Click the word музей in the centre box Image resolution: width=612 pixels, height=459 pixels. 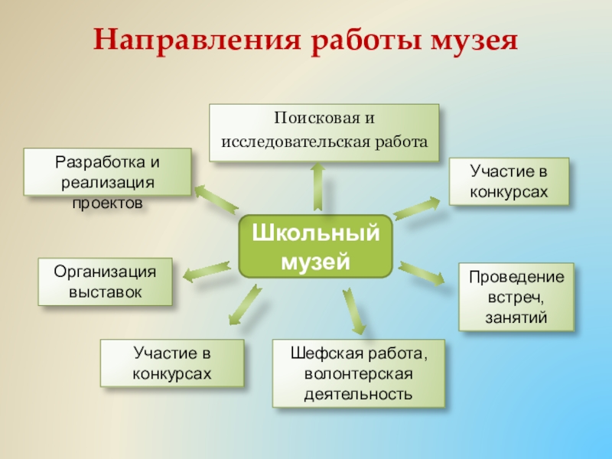click(315, 261)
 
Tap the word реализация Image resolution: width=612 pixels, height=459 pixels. click(107, 183)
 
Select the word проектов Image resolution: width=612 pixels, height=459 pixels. click(107, 203)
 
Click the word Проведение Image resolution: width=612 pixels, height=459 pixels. click(516, 277)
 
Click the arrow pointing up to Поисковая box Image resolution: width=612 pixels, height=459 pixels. click(317, 187)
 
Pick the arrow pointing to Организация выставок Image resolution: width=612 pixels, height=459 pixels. click(204, 269)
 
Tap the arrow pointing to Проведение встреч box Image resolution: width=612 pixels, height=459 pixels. click(422, 272)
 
